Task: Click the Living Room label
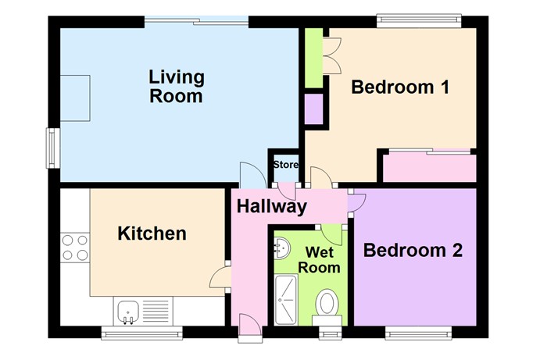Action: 176,87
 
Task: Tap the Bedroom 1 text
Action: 399,87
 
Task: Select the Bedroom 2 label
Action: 413,251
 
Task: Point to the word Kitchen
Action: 152,233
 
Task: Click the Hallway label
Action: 271,207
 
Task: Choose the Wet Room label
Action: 323,260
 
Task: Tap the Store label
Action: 285,165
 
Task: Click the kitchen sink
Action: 128,312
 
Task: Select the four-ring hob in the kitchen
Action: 74,247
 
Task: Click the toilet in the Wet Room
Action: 327,305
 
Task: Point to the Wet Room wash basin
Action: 281,248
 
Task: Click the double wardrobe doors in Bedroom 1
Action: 332,56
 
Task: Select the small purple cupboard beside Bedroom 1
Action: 314,109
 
